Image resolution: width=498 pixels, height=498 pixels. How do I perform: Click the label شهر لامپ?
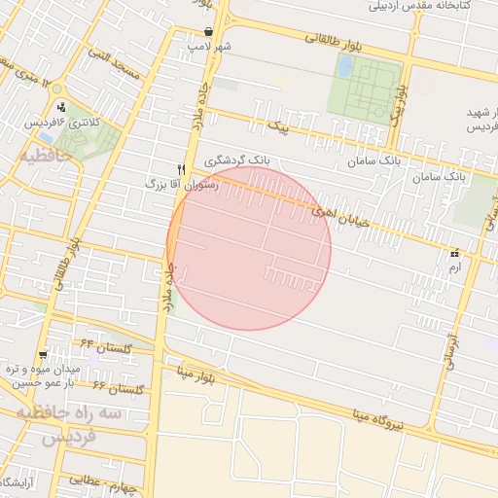click(x=211, y=46)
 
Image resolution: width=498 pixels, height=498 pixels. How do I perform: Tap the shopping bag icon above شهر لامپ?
click(x=209, y=32)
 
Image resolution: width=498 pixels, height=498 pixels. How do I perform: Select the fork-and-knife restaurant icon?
click(x=180, y=168)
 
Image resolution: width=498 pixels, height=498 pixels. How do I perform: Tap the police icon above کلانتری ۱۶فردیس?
click(x=62, y=107)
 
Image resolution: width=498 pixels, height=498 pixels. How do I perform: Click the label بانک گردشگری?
click(x=238, y=160)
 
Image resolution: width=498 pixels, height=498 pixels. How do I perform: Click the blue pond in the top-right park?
click(x=345, y=65)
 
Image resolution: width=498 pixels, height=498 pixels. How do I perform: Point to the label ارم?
click(x=454, y=266)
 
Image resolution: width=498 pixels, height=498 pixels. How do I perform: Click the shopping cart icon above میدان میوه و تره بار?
click(x=42, y=355)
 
